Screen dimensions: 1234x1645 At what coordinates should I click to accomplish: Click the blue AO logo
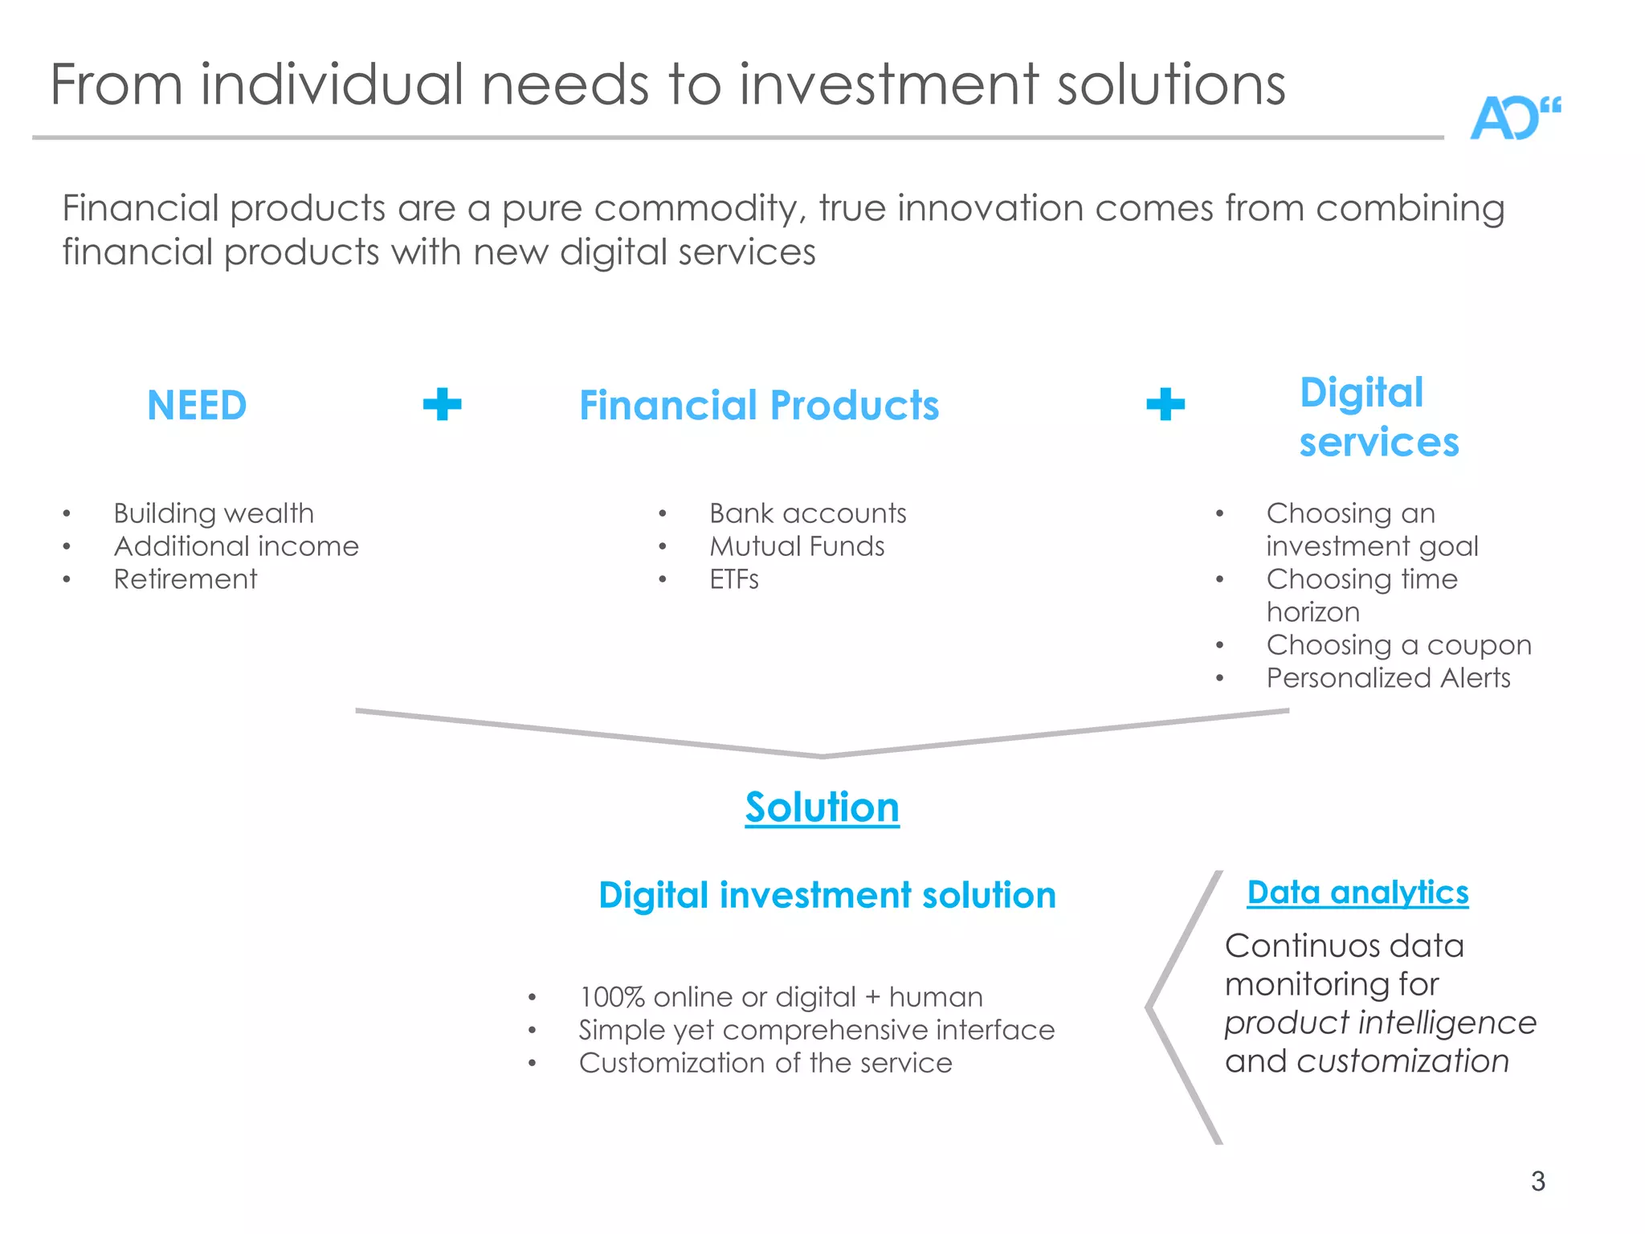1513,119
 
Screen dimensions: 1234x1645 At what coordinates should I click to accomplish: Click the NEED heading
197,405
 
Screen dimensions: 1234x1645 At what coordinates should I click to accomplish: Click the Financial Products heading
759,405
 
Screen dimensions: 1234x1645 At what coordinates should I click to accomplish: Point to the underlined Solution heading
822,807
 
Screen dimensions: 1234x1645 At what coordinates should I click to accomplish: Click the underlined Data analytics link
1357,893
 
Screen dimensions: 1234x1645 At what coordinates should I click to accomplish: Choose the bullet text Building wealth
214,513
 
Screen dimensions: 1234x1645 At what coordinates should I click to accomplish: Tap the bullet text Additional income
236,546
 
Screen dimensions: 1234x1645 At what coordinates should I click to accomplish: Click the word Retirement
186,579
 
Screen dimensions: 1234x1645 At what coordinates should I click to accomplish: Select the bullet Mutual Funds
797,546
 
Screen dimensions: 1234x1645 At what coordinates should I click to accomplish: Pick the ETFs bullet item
733,579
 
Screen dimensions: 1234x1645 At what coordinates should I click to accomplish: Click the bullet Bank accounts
807,513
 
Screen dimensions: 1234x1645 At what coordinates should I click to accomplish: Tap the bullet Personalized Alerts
1388,678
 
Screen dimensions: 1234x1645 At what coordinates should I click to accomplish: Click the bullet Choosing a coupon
1398,645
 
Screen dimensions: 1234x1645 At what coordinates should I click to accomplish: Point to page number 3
1537,1181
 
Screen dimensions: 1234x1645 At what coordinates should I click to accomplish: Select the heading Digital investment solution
827,895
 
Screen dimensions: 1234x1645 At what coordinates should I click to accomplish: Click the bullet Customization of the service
765,1063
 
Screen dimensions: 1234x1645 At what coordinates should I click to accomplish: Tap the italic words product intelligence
1380,1023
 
